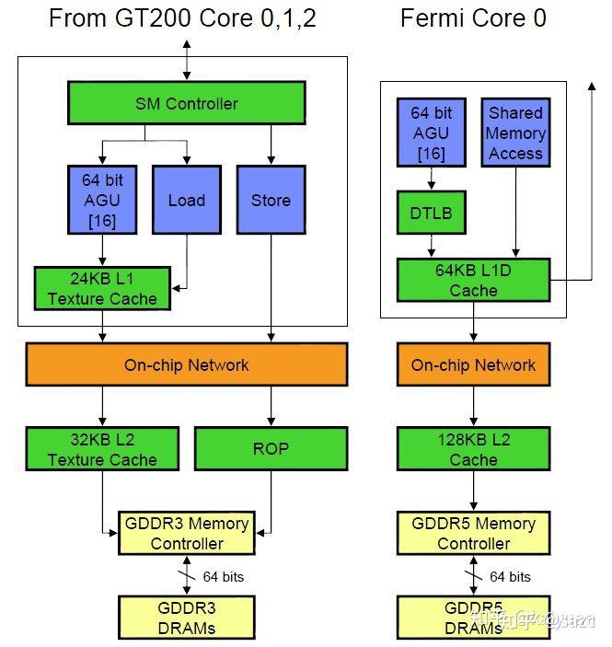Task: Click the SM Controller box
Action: pyautogui.click(x=186, y=103)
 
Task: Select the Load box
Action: pyautogui.click(x=186, y=200)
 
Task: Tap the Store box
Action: pyautogui.click(x=271, y=200)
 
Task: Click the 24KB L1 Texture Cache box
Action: pyautogui.click(x=102, y=288)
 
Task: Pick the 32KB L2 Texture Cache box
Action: pyautogui.click(x=102, y=449)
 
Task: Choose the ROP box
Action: pyautogui.click(x=271, y=449)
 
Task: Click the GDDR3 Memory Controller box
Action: pyautogui.click(x=187, y=533)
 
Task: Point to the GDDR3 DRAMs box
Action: pyautogui.click(x=187, y=618)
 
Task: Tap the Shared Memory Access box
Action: pyautogui.click(x=515, y=133)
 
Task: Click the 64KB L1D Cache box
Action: pyautogui.click(x=473, y=280)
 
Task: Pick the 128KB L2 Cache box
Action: pyautogui.click(x=473, y=449)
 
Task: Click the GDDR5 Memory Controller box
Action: pyautogui.click(x=473, y=533)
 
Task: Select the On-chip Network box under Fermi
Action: pyautogui.click(x=473, y=365)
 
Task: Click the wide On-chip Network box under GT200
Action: pyautogui.click(x=187, y=365)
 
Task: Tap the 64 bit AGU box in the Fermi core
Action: pyautogui.click(x=432, y=133)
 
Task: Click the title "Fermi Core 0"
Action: pyautogui.click(x=473, y=18)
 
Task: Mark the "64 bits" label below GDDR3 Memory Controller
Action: pyautogui.click(x=224, y=577)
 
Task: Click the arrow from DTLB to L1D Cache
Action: pyautogui.click(x=432, y=246)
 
